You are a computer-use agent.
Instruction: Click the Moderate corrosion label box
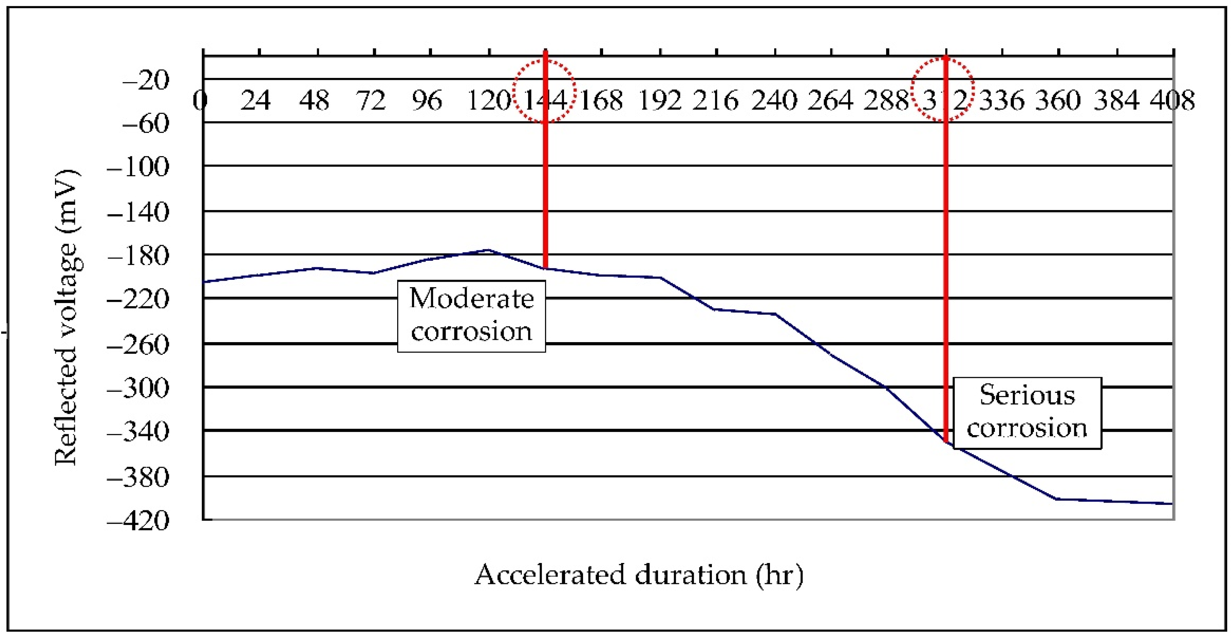471,316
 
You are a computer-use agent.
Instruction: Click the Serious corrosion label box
1027,413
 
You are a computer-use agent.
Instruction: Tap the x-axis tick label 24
255,101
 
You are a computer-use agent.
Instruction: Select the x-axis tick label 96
427,101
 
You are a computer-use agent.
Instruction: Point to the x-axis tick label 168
601,101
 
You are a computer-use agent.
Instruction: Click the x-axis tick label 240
774,101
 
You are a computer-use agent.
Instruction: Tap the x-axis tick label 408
1172,101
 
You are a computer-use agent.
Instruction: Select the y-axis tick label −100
138,168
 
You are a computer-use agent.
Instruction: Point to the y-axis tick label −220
138,300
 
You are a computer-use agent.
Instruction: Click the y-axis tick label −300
138,388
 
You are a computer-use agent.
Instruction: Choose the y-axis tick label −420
138,521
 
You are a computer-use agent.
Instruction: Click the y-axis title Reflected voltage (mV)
66,317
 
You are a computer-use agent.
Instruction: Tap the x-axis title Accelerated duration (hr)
639,574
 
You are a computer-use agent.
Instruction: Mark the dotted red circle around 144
544,90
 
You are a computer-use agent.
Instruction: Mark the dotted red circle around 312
942,90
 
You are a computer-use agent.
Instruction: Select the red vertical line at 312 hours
946,263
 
